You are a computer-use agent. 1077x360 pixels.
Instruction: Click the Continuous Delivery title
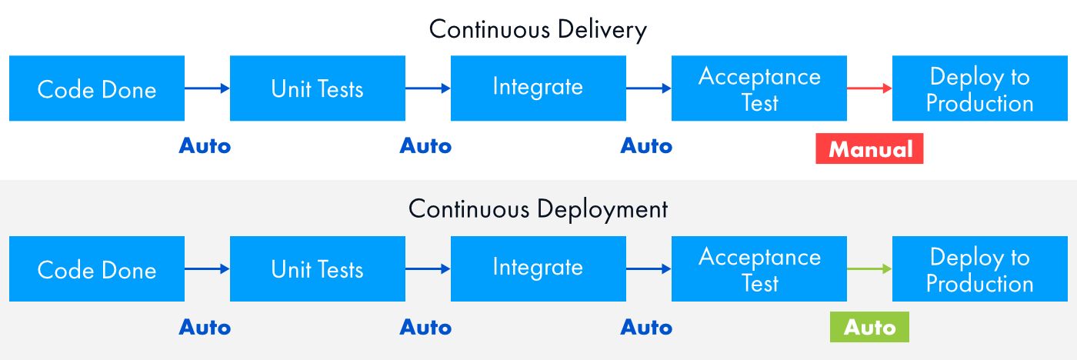tap(538, 29)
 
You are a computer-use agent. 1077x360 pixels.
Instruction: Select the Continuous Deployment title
tap(538, 208)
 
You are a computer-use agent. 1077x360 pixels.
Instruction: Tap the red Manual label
tap(869, 149)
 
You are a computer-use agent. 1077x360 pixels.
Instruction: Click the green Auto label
tap(869, 328)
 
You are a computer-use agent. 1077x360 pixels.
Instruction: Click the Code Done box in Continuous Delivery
tap(97, 88)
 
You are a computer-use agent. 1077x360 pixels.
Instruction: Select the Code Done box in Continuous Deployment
tap(97, 268)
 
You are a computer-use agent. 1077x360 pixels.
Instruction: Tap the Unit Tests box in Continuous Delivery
tap(317, 88)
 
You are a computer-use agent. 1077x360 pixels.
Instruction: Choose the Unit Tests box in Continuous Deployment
tap(317, 268)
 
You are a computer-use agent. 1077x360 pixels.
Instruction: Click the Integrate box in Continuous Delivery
tap(538, 88)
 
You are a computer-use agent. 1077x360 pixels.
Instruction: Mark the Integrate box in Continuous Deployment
tap(538, 268)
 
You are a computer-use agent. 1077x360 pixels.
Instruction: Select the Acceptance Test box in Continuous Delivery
tap(759, 88)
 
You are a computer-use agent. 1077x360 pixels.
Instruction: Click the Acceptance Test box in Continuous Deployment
tap(759, 268)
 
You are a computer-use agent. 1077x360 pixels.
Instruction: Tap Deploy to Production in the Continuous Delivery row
tap(979, 88)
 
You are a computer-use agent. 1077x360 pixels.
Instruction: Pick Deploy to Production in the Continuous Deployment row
tap(979, 268)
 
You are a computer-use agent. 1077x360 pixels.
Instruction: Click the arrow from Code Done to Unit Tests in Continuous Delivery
tap(207, 88)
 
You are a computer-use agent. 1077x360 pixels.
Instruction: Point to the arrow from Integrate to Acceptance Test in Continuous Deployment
tap(649, 268)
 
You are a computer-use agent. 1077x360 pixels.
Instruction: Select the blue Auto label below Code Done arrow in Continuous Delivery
tap(205, 146)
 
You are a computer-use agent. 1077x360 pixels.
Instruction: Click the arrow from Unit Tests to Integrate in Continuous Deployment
tap(428, 268)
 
